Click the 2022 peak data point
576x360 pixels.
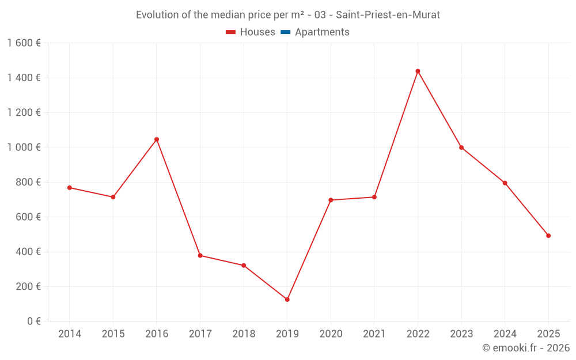[418, 71]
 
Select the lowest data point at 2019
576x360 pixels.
[287, 300]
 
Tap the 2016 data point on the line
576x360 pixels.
[157, 139]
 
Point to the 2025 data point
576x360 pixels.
[548, 236]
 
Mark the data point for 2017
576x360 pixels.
[200, 255]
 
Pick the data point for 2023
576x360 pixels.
[461, 147]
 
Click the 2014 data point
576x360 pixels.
[70, 188]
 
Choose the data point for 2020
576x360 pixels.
[331, 200]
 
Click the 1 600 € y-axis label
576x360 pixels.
[24, 43]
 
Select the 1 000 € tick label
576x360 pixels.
[24, 147]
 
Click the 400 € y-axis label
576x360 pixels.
[27, 252]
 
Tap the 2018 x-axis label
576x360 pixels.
[244, 334]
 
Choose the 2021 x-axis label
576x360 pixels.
[374, 334]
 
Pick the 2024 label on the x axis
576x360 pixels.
[505, 334]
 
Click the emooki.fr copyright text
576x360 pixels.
[525, 348]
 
